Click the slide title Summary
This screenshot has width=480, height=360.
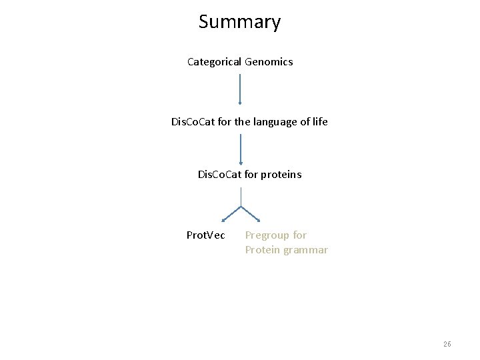coord(239,22)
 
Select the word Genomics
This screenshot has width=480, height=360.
coord(269,62)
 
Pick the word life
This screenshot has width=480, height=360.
coord(319,122)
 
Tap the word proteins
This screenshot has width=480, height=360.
coord(281,175)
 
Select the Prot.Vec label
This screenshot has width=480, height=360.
coord(205,235)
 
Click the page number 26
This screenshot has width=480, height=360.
coord(447,344)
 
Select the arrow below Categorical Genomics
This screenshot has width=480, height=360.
coord(240,89)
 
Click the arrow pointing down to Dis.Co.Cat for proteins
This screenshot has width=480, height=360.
coord(241,149)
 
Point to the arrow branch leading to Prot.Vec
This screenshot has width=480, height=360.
coord(231,213)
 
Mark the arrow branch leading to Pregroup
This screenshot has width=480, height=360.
coord(251,213)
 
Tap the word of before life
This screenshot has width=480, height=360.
coord(301,122)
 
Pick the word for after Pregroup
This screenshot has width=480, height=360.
coord(300,235)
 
